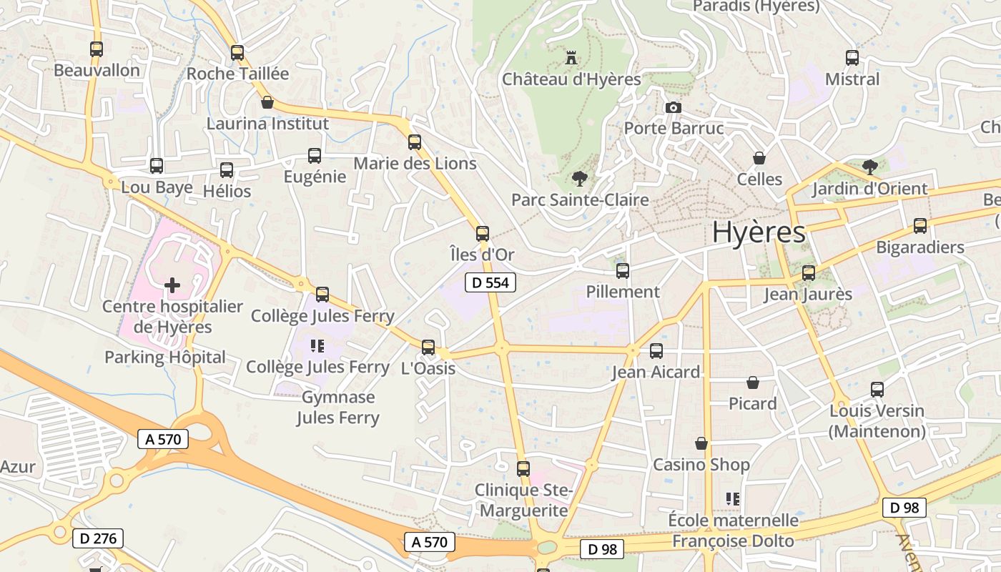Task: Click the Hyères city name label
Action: coord(759,232)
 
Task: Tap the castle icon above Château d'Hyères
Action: coord(571,56)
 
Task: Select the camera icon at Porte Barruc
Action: coord(673,108)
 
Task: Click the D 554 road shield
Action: coord(490,282)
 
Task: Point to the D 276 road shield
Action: coord(98,538)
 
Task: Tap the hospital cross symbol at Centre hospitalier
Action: coord(172,285)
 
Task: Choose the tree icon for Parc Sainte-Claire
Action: coord(579,178)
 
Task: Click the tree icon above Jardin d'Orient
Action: coord(869,167)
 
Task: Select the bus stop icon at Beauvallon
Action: coord(97,49)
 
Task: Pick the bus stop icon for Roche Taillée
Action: coord(237,53)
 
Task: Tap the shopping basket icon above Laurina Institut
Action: coord(267,102)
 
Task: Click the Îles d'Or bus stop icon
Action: coord(483,233)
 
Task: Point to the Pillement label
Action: coord(623,292)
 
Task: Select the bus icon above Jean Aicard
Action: coord(656,351)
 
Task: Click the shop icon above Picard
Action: coord(753,383)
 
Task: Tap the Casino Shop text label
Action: coord(701,465)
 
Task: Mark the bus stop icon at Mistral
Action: coord(852,58)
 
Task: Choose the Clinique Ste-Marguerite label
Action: coord(524,500)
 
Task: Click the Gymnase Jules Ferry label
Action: coord(338,408)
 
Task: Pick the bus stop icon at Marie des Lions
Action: coord(415,142)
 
